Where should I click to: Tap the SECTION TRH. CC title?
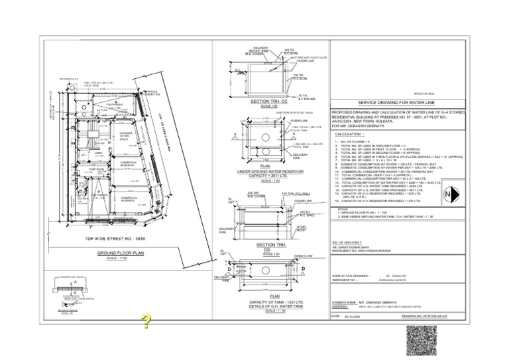click(269, 101)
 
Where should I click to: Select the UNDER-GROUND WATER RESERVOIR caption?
click(269, 171)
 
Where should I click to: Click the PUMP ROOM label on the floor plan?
click(97, 170)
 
